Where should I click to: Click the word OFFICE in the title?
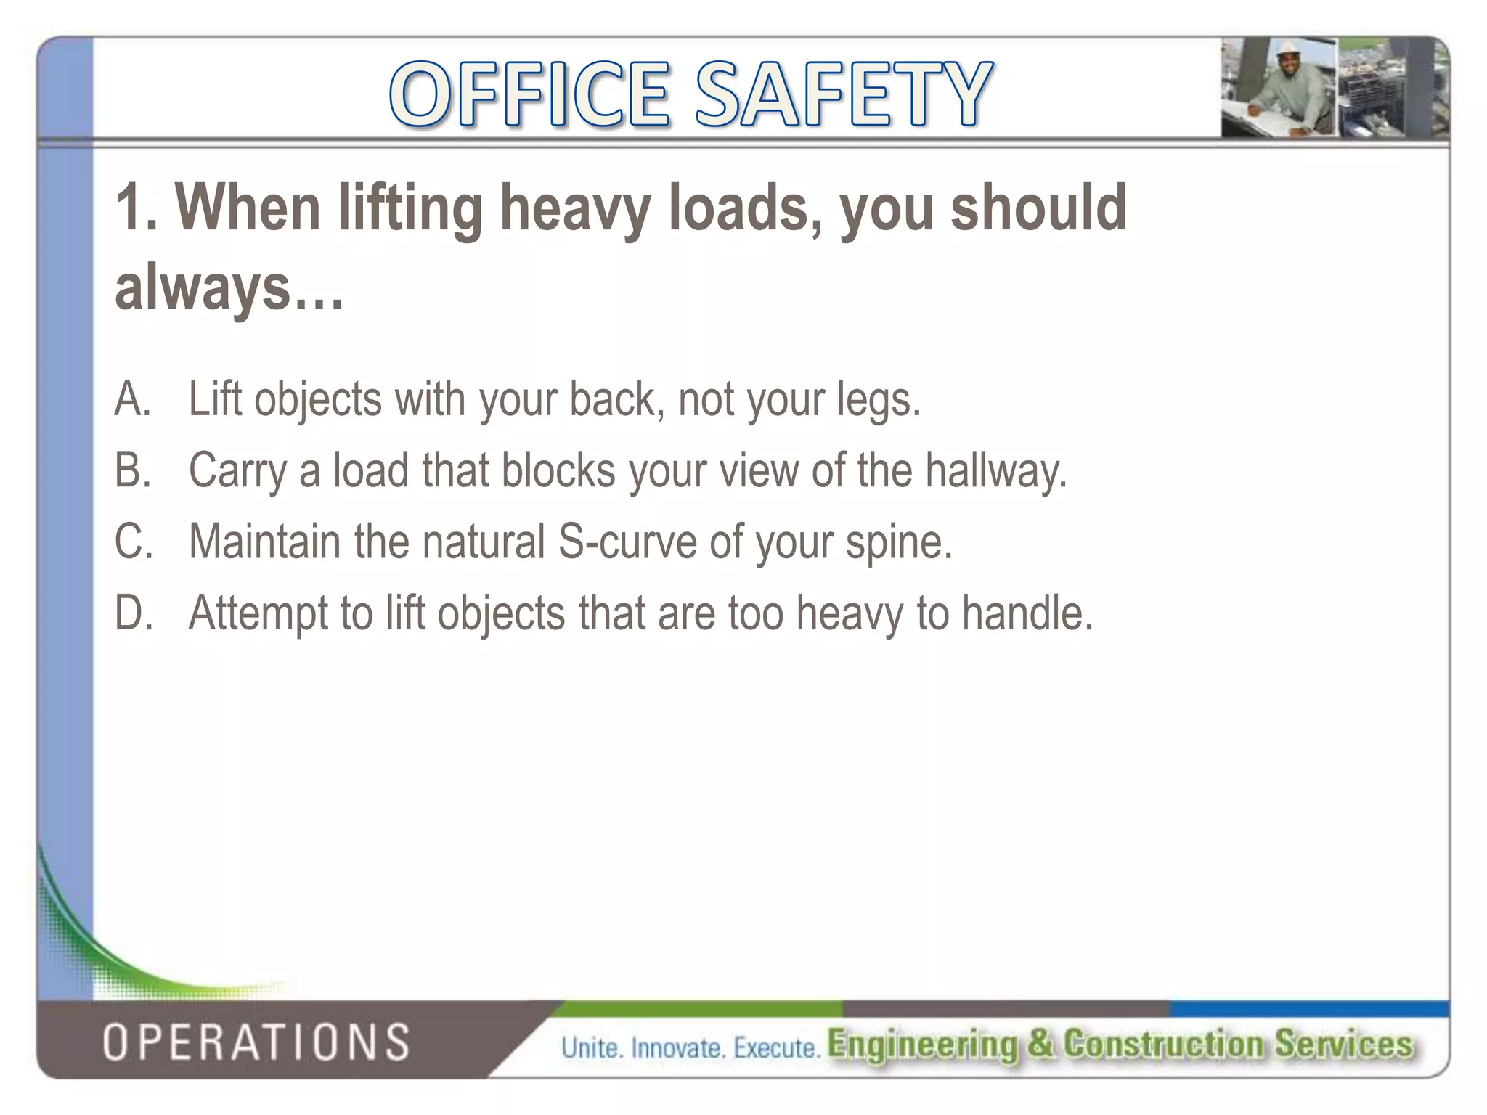click(x=529, y=94)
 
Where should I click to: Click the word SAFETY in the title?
click(x=843, y=94)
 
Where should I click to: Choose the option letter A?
click(x=131, y=399)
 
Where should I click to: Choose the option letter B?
click(x=131, y=470)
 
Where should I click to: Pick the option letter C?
click(x=133, y=542)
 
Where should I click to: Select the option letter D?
click(x=133, y=613)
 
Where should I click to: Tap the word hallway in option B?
click(x=995, y=470)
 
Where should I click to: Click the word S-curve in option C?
click(x=627, y=542)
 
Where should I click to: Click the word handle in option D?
click(x=1027, y=613)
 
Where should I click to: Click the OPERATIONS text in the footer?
click(x=256, y=1042)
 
